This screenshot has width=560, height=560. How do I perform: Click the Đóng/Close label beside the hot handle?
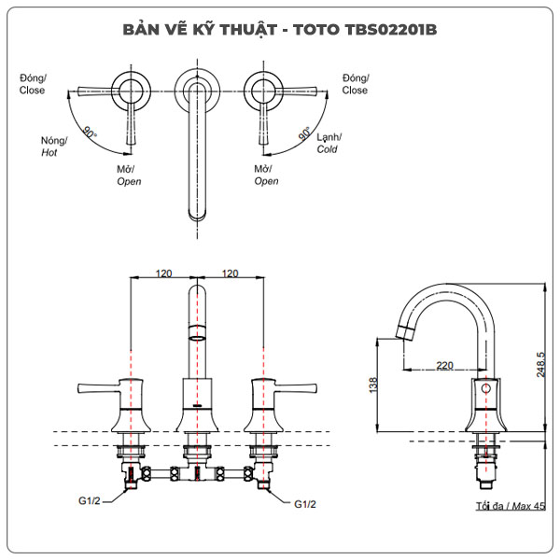click(32, 85)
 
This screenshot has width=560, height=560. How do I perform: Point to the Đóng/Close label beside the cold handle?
click(355, 85)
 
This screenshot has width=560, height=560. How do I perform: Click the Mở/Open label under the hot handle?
click(129, 175)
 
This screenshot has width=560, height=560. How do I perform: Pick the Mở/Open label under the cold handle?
click(267, 175)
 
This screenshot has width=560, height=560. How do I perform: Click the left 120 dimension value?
click(162, 273)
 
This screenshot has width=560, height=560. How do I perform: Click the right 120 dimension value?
click(229, 273)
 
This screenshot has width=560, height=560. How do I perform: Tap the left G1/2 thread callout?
click(90, 504)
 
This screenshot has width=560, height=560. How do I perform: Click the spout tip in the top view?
click(196, 217)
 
